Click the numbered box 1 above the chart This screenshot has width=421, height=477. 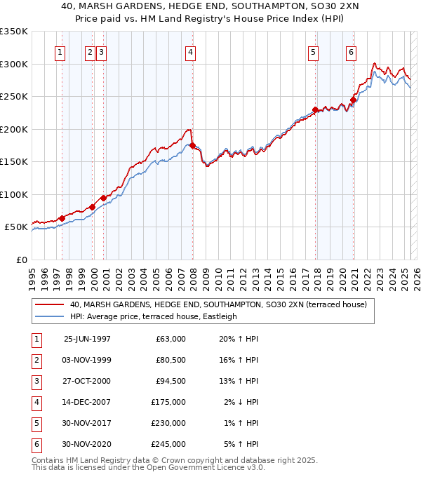60,51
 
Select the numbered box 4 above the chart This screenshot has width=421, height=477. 191,51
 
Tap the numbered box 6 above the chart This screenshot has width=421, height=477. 351,51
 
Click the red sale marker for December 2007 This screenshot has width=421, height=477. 192,145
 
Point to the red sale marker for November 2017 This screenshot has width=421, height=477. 316,109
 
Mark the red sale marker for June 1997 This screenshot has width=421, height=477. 62,218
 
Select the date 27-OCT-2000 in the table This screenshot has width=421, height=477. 87,380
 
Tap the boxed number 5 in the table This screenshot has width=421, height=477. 35,422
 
